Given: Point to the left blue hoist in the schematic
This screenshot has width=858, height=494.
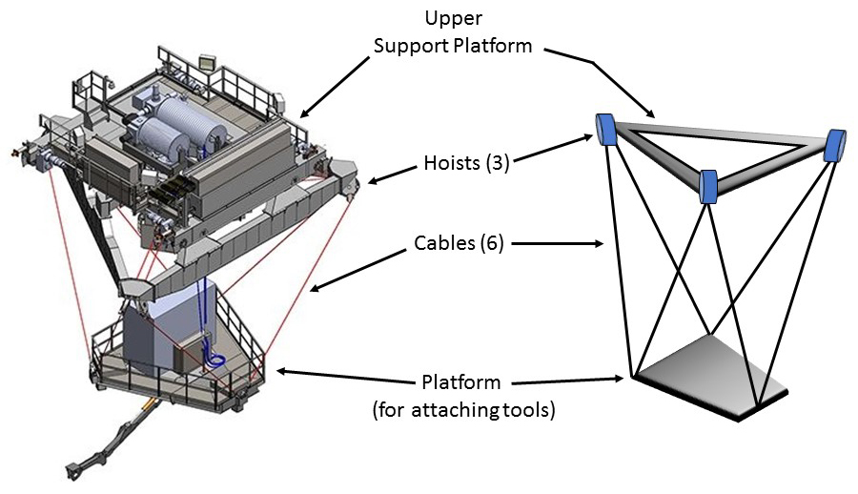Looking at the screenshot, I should pos(604,128).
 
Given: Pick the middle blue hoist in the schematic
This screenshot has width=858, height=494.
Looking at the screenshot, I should pos(708,186).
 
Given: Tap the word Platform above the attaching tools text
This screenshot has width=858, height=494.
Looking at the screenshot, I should pos(461,383).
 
